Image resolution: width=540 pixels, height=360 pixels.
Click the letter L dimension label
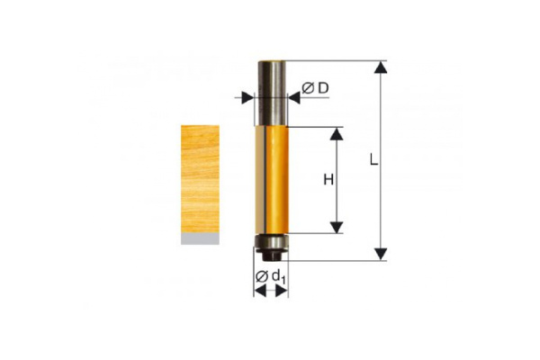373,159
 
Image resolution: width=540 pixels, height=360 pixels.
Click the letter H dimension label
328,179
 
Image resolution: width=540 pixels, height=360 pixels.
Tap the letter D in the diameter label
323,88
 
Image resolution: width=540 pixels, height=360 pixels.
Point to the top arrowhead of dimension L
381,67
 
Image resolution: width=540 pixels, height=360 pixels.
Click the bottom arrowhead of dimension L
381,254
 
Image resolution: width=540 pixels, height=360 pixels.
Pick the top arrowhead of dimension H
337,134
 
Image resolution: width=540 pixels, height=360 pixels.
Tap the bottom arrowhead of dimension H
337,228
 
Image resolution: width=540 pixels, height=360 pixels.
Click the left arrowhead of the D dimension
247,98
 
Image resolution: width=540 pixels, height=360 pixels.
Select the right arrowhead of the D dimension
294,98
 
